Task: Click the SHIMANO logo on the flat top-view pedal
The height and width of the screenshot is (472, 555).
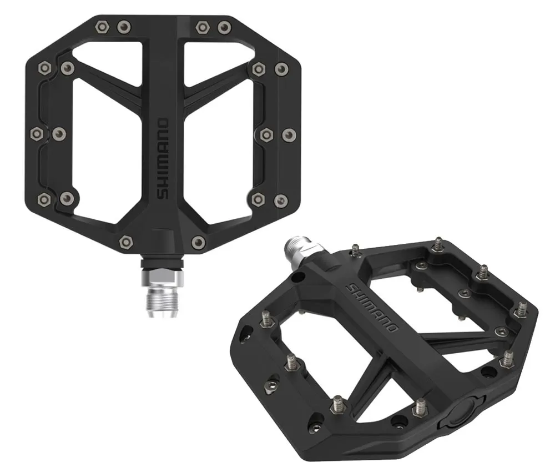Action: [x=163, y=158]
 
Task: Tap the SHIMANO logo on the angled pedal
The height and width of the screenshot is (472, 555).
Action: [x=372, y=308]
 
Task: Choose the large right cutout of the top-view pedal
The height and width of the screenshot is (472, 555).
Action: [x=222, y=161]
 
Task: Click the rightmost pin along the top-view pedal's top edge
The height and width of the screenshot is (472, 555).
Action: [x=224, y=27]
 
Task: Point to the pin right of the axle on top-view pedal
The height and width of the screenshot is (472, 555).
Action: [x=198, y=242]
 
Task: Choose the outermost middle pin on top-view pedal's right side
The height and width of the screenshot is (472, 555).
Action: [x=289, y=134]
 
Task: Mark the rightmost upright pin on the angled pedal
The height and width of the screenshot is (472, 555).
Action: [x=522, y=308]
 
